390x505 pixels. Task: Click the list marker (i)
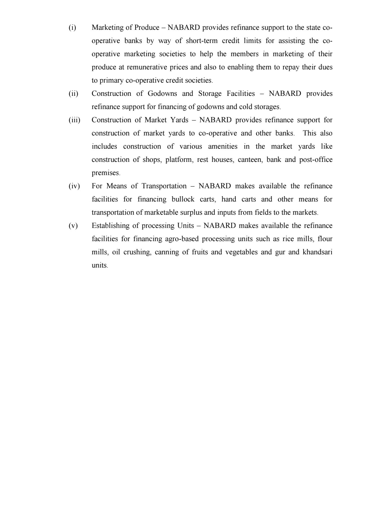tap(72, 28)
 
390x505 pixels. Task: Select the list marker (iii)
tap(74, 120)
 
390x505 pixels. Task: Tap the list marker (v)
tap(73, 226)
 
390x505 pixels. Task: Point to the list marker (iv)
tap(74, 186)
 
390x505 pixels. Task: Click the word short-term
tap(202, 41)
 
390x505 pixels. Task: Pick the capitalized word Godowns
tap(162, 94)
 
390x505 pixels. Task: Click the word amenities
tap(223, 146)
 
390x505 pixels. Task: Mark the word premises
tap(106, 173)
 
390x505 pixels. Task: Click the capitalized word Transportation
tap(164, 186)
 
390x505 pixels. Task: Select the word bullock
tap(183, 199)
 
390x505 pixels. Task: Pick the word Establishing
tap(114, 226)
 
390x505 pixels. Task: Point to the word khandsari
tap(317, 252)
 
